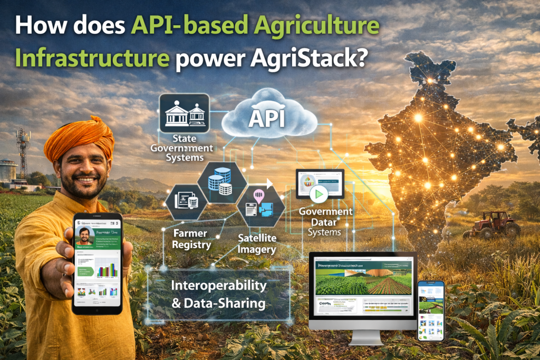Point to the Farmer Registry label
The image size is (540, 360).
[x=191, y=239]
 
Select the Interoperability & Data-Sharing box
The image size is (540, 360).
[x=219, y=295]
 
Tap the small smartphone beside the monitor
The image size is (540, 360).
[x=431, y=311]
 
